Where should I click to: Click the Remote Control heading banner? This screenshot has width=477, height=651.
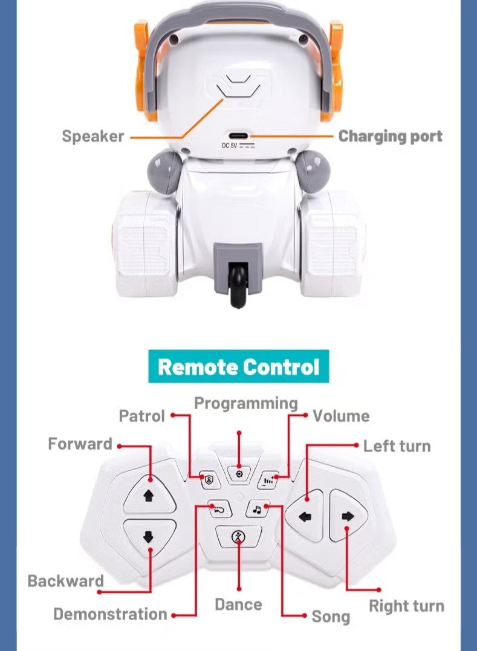coord(238,366)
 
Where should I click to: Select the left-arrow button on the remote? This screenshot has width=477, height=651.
coord(305,516)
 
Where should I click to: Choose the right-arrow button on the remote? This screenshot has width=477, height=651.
coord(348,516)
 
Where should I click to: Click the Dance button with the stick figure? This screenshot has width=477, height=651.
coord(238,537)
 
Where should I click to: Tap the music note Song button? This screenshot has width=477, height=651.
coord(257,508)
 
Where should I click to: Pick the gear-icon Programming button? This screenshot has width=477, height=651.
coord(239,474)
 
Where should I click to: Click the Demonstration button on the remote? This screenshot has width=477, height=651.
coord(219,508)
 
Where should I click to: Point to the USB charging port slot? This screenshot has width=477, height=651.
coord(239,136)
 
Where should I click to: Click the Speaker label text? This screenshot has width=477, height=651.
coord(92,136)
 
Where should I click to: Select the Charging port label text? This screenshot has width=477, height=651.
coord(390,136)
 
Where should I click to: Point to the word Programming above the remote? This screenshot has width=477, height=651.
coord(246,404)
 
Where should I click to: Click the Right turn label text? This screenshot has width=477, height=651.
coord(406,606)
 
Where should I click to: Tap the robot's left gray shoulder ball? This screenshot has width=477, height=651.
coord(164,172)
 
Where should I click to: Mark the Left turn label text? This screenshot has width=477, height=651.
coord(397,446)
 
